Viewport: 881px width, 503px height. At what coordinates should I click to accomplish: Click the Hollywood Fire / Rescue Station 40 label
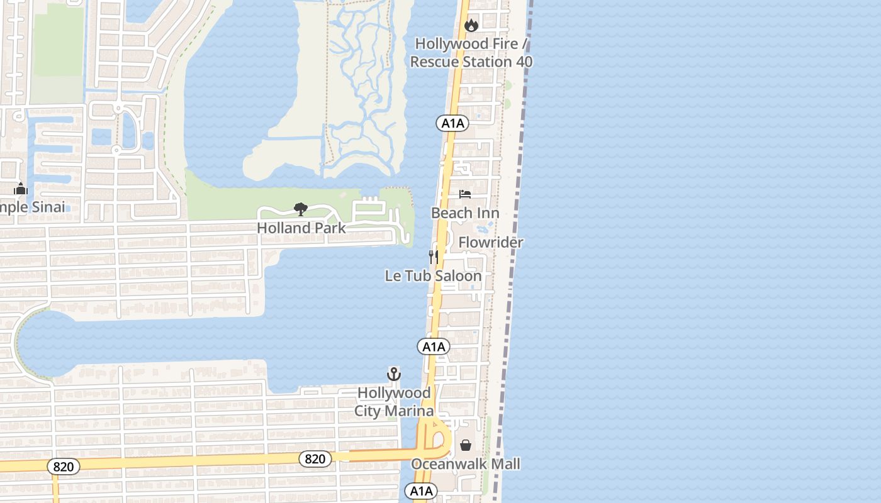(471, 53)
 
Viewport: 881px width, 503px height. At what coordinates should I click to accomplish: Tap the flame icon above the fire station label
(471, 25)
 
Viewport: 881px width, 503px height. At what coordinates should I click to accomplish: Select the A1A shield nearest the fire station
(452, 123)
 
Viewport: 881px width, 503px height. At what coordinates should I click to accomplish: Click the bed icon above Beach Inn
(465, 194)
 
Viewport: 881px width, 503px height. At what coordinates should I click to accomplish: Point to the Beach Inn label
(465, 213)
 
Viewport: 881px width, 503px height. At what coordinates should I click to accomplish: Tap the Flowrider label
(491, 242)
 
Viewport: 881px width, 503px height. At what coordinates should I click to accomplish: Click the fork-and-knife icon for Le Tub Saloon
(433, 257)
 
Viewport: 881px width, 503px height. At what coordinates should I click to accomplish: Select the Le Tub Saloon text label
(433, 276)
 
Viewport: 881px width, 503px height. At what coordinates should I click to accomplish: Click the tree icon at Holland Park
(301, 209)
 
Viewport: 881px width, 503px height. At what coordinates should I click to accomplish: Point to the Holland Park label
(301, 228)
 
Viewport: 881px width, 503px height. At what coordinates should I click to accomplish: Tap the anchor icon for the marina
(393, 374)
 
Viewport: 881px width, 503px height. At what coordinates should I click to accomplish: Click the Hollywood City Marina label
(394, 402)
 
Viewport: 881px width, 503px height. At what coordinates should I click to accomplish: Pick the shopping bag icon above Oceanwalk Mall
(466, 445)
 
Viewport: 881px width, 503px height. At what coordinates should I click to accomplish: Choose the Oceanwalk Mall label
(466, 464)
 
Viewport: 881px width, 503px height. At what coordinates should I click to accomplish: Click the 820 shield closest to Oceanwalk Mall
(315, 459)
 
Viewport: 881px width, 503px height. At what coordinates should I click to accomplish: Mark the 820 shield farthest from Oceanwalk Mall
(63, 467)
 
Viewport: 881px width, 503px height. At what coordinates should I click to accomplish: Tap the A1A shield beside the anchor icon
(434, 346)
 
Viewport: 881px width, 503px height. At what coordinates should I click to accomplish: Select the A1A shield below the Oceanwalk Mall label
(420, 491)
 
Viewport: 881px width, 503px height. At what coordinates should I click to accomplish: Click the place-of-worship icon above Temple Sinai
(21, 189)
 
